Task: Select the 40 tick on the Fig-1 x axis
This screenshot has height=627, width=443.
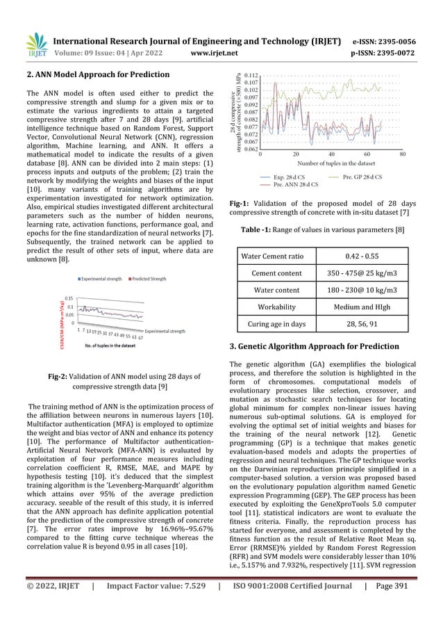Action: click(x=331, y=155)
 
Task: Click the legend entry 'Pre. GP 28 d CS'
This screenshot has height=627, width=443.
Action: click(x=362, y=178)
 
